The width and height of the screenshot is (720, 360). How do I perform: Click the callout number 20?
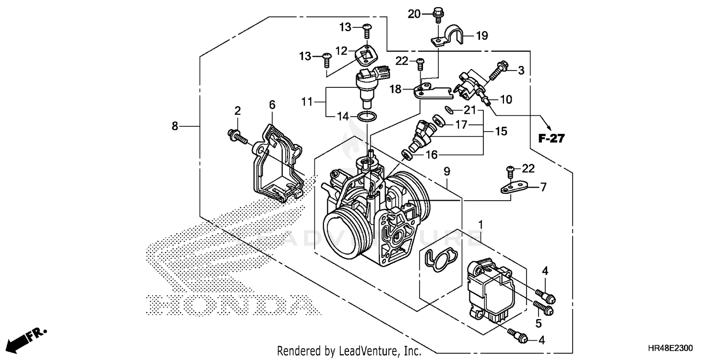(x=414, y=14)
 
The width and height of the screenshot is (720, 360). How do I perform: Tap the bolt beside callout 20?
(x=437, y=14)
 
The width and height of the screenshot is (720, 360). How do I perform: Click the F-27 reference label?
(x=551, y=139)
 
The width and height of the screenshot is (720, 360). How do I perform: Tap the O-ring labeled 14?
(x=368, y=116)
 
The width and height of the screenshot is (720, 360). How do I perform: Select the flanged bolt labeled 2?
(x=237, y=137)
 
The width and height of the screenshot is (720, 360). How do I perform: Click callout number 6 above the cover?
(x=272, y=104)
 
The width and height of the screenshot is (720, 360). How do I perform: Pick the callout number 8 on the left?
(x=175, y=126)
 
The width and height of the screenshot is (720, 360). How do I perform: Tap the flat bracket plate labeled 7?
(x=515, y=186)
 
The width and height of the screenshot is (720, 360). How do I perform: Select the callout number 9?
(x=446, y=170)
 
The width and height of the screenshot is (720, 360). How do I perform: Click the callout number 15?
(x=501, y=131)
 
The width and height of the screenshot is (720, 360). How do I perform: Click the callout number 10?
(x=505, y=99)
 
